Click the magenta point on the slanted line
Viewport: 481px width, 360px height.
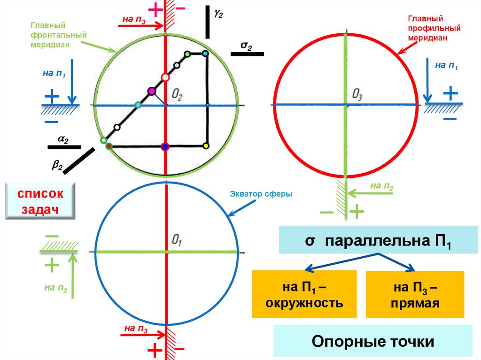[151, 91]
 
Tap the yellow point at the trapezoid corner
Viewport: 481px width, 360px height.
[206, 146]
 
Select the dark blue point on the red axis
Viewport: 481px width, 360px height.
[164, 147]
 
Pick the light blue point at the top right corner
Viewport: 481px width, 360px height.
[205, 54]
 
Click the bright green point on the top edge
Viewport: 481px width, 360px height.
[187, 54]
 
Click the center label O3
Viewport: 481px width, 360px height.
[357, 95]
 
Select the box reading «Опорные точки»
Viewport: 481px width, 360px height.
[373, 341]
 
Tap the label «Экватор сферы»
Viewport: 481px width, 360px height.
[261, 193]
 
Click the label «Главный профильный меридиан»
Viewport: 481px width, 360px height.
[427, 28]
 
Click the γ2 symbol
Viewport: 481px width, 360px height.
[218, 14]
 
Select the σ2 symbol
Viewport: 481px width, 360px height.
[246, 46]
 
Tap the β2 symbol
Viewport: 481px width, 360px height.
[57, 165]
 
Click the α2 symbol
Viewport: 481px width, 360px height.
[63, 139]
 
